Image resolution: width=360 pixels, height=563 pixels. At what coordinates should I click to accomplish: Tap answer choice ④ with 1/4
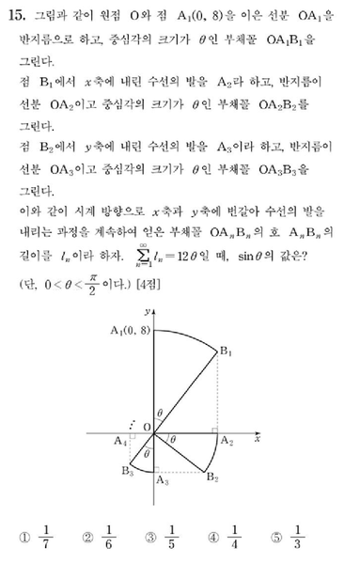[227, 539]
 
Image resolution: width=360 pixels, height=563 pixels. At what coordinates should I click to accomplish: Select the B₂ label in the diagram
[212, 480]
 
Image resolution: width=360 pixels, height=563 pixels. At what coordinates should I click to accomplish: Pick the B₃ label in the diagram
[128, 470]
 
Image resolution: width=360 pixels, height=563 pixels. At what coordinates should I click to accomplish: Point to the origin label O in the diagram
[148, 425]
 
